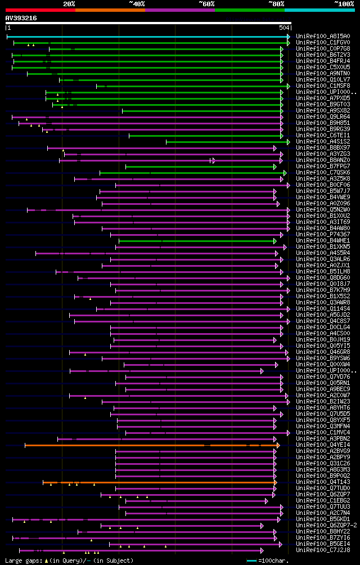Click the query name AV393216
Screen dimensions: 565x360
(x=21, y=18)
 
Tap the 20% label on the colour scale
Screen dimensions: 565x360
(x=69, y=4)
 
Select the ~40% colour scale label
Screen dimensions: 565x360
(x=137, y=4)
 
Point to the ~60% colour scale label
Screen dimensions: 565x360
(x=206, y=4)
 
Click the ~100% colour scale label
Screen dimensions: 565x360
(x=344, y=4)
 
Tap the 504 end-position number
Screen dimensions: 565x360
(x=284, y=28)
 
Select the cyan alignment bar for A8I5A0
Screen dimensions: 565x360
(x=146, y=37)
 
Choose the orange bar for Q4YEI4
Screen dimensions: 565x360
(x=152, y=445)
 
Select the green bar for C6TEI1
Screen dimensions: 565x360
(x=205, y=136)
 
